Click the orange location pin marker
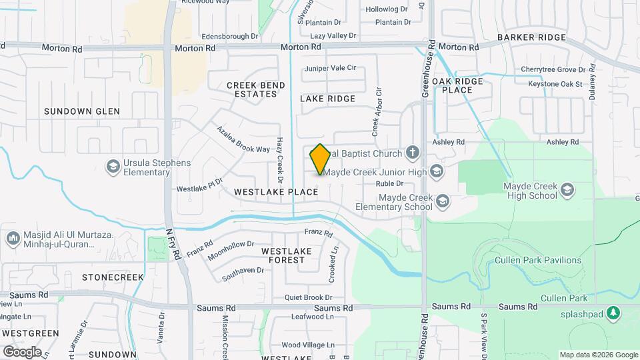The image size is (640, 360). pos(321,159)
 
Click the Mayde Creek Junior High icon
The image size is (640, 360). pos(436,172)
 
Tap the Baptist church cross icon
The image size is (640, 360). pos(413,153)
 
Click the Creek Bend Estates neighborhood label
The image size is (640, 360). pos(256,89)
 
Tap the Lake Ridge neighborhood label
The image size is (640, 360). pos(327,99)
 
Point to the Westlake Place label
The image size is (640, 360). pos(276,192)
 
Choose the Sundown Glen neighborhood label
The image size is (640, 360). pos(82,111)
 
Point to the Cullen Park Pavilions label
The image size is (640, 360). pos(538,261)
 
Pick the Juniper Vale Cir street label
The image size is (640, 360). pos(331,68)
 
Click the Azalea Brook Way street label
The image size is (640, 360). pos(243,139)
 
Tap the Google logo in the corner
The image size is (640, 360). pos(22,351)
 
